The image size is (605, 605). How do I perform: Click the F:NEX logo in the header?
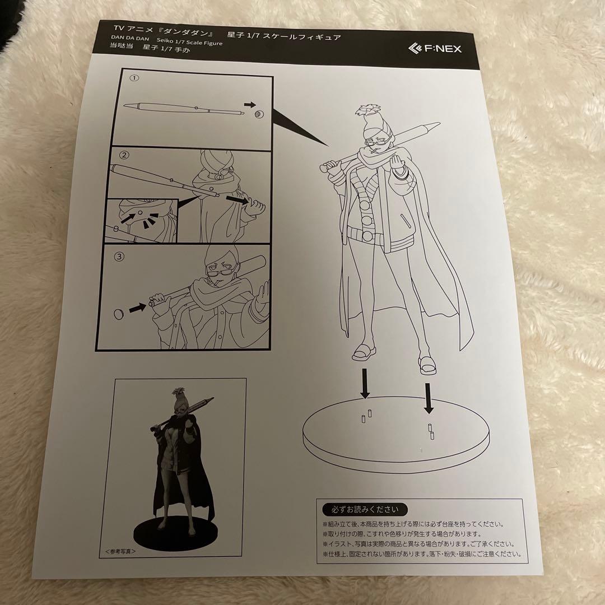tap(434, 48)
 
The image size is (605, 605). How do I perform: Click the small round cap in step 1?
tap(259, 114)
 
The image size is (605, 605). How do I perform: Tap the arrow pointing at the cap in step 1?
tap(250, 104)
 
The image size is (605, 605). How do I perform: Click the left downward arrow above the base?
tap(365, 383)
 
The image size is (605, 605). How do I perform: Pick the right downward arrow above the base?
tap(429, 397)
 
